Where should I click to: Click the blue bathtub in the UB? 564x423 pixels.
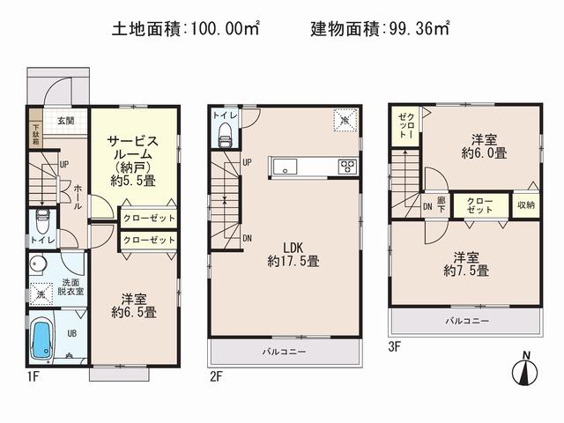tap(43, 338)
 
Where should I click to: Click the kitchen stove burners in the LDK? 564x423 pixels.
tap(346, 166)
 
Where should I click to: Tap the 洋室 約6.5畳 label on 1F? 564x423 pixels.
tap(133, 304)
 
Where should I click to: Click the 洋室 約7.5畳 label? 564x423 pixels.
tap(467, 264)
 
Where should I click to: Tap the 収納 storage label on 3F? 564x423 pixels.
tap(525, 204)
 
